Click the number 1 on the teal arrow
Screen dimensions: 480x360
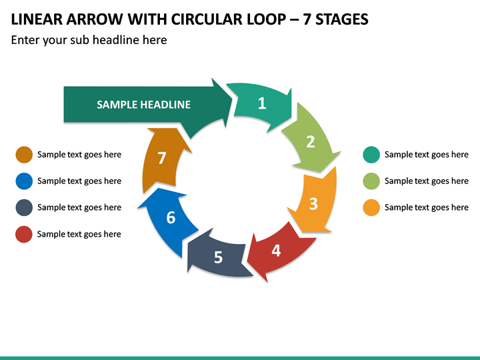pyautogui.click(x=262, y=103)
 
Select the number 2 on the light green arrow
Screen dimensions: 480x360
pyautogui.click(x=311, y=142)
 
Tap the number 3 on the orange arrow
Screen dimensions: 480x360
pyautogui.click(x=313, y=203)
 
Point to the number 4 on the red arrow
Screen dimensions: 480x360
pyautogui.click(x=276, y=251)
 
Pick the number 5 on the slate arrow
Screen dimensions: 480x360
pyautogui.click(x=218, y=257)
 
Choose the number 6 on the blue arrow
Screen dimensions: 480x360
pyautogui.click(x=171, y=217)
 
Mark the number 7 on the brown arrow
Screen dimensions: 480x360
pyautogui.click(x=161, y=158)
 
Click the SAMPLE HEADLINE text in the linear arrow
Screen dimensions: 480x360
pyautogui.click(x=143, y=105)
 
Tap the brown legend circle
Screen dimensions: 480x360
pyautogui.click(x=24, y=155)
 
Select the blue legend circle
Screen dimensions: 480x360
pyautogui.click(x=24, y=181)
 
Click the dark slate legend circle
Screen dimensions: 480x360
pyautogui.click(x=24, y=207)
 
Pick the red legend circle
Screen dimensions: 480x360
pyautogui.click(x=24, y=234)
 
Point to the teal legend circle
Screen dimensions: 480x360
pyautogui.click(x=371, y=155)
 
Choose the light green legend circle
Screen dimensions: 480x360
pyautogui.click(x=371, y=181)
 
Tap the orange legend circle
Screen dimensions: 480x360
pyautogui.click(x=371, y=207)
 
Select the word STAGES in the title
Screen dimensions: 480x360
pyautogui.click(x=342, y=19)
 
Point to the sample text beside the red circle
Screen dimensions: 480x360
pyautogui.click(x=79, y=234)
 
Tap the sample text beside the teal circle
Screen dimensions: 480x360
pyautogui.click(x=427, y=155)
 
